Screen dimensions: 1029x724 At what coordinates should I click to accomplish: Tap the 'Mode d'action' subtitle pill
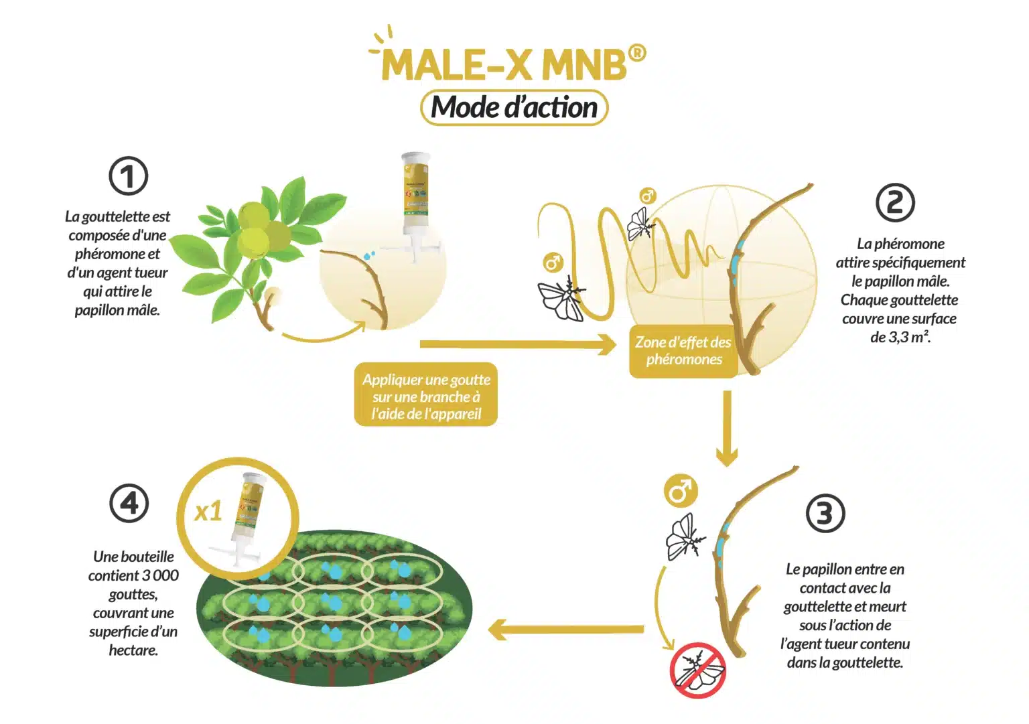point(514,108)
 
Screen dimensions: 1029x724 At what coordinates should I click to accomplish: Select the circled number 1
point(128,176)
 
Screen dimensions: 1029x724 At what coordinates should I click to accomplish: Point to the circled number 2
point(895,202)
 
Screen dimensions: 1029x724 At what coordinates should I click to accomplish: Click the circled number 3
point(825,513)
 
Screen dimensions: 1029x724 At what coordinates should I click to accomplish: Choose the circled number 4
point(129,503)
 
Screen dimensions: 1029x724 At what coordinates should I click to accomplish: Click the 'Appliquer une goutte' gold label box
point(426,394)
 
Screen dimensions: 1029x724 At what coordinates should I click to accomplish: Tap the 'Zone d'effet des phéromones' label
point(683,351)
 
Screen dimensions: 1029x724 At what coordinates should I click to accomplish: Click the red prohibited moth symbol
point(697,670)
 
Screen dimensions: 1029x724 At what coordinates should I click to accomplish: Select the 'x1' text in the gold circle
point(208,511)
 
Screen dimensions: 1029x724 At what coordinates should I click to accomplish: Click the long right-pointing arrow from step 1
point(518,344)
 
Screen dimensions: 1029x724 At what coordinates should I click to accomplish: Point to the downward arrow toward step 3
point(727,428)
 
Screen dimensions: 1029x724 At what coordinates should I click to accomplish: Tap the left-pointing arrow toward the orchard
point(565,630)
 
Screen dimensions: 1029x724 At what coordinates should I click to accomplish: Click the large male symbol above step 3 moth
point(681,491)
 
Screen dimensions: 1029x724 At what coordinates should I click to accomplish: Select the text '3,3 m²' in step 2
point(900,337)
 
